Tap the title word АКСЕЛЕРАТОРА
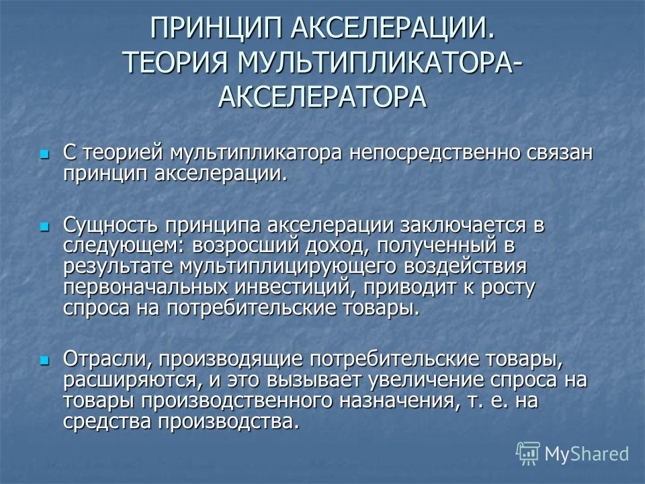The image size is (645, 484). point(322,97)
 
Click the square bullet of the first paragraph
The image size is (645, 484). point(44,155)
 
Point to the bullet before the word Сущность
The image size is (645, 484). point(44,227)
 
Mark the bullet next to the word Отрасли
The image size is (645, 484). point(44,361)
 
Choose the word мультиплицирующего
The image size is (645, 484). point(288,267)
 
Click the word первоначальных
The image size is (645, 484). point(146,287)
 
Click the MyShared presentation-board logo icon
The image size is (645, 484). point(528,454)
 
